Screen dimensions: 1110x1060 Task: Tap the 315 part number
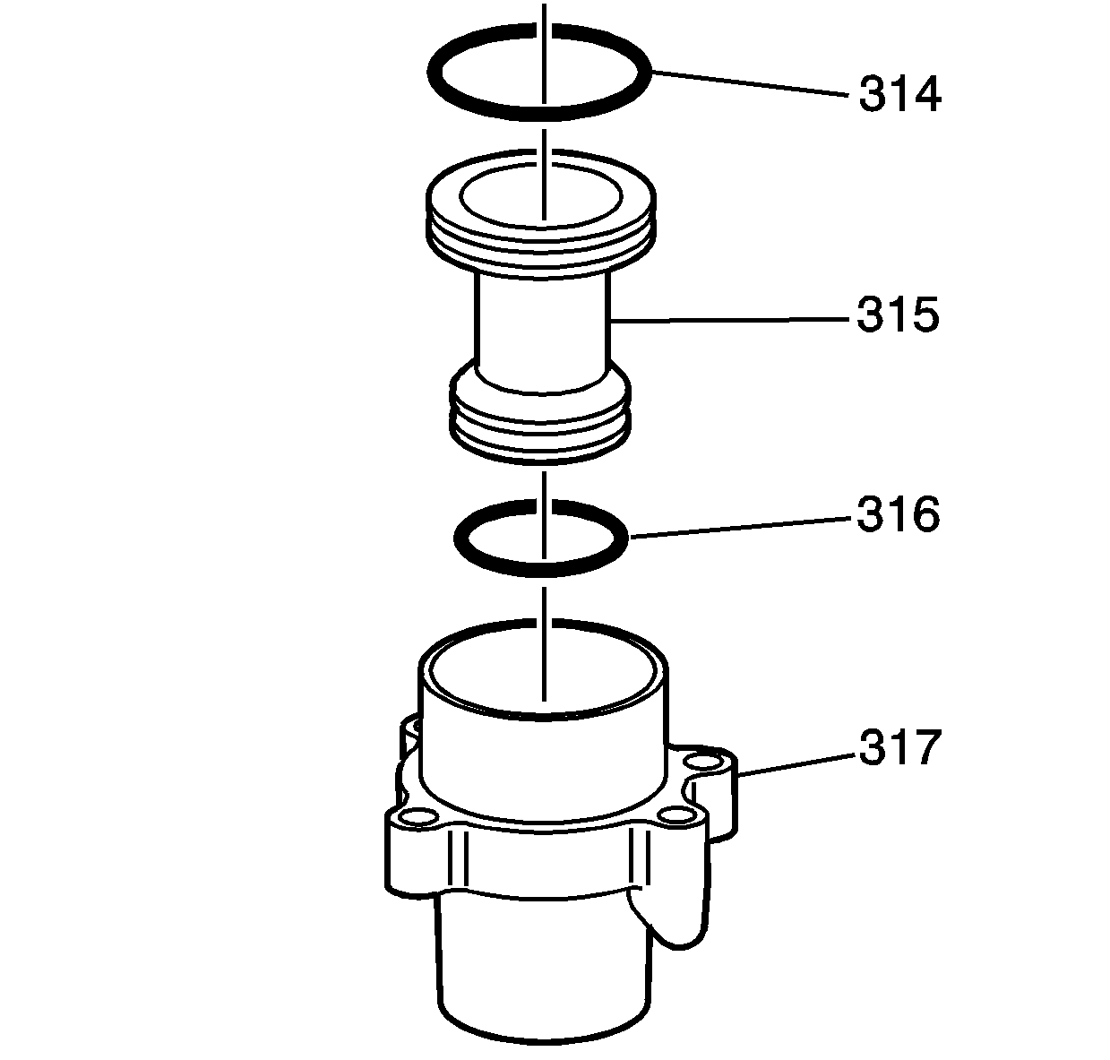(898, 315)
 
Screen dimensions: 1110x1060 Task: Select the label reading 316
(898, 514)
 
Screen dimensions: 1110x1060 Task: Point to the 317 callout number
(900, 748)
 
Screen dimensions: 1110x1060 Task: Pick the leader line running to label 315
(729, 321)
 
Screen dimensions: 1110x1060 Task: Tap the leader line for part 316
(740, 527)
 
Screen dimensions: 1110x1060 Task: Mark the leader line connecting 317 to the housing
(796, 764)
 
